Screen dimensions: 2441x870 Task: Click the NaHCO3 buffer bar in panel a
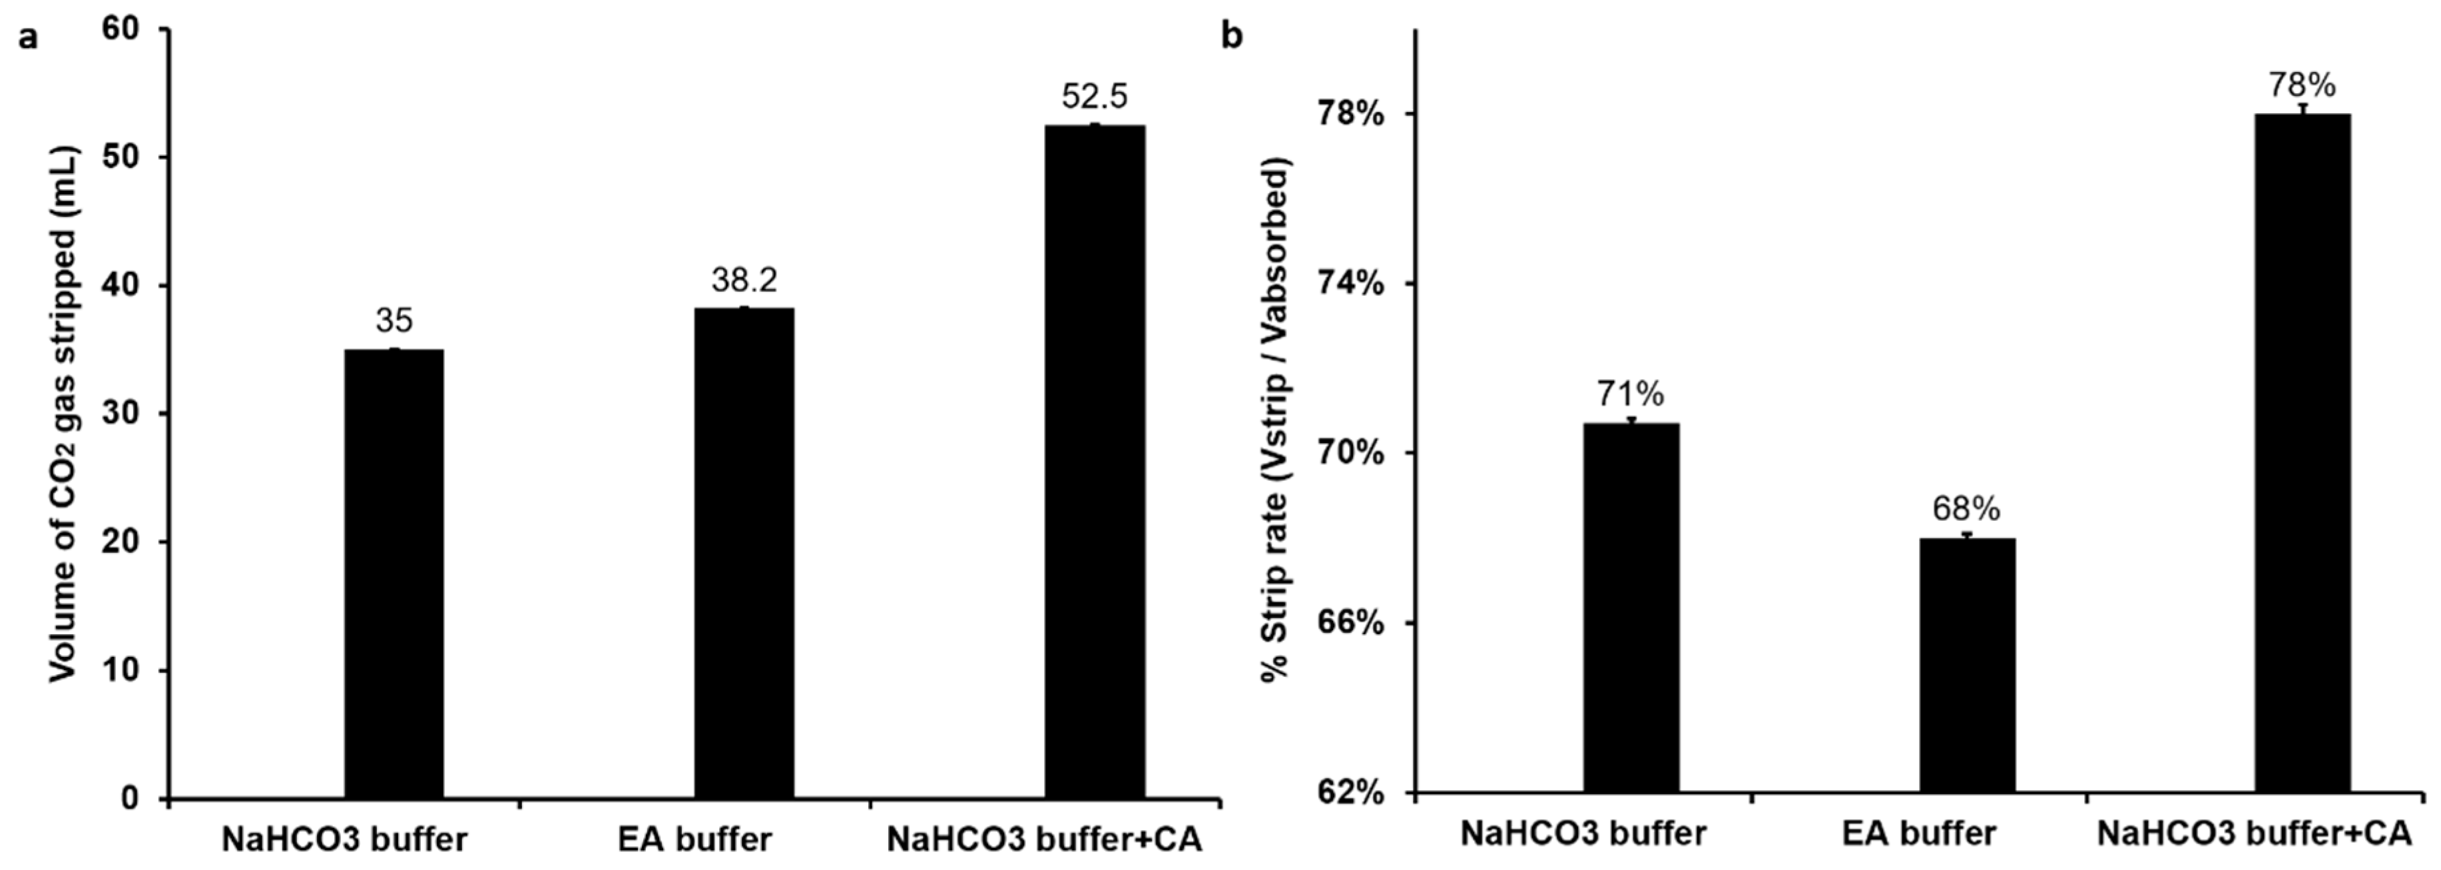point(394,574)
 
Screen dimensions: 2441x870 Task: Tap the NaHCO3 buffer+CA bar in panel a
point(1095,462)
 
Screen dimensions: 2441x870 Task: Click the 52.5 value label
point(1095,97)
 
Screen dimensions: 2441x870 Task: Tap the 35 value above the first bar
point(394,320)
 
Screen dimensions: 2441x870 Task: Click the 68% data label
point(1967,510)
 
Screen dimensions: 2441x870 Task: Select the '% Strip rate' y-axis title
point(1276,421)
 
